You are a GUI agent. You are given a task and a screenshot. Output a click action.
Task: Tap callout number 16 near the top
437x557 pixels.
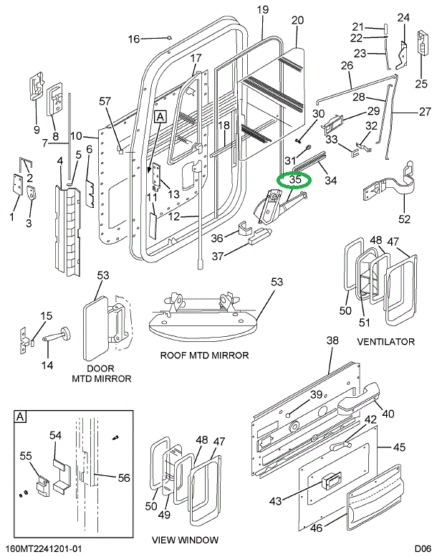coord(134,39)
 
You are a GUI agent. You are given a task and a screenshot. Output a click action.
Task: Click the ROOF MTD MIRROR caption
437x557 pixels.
coord(205,355)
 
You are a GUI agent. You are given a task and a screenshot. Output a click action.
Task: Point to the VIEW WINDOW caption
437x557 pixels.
coord(186,540)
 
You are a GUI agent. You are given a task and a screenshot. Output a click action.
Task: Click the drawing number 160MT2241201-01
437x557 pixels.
coord(47,549)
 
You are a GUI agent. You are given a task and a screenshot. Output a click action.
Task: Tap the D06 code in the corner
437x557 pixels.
coord(423,549)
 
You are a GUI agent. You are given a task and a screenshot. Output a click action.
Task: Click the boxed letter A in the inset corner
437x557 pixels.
coord(21,417)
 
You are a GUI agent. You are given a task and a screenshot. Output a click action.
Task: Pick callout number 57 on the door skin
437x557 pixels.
coord(106,101)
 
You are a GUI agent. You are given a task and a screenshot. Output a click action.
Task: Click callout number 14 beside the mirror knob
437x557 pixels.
coord(47,365)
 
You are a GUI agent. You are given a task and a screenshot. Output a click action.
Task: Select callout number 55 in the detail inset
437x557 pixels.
coord(25,455)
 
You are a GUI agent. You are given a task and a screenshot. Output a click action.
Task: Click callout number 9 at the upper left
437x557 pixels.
coord(36,130)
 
